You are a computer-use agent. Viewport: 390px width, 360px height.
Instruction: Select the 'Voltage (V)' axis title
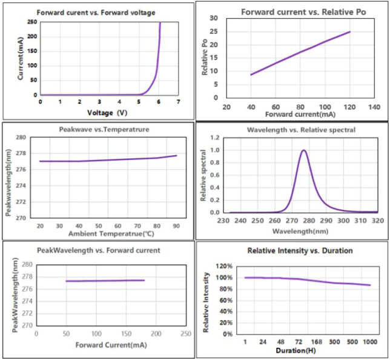[x=108, y=112]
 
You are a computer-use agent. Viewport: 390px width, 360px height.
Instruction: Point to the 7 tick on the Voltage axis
[x=178, y=102]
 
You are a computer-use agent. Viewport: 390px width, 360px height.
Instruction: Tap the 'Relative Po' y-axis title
[x=205, y=57]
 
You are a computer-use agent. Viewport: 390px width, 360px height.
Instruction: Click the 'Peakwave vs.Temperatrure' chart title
[x=97, y=130]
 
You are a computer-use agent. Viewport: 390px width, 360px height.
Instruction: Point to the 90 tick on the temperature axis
[x=176, y=225]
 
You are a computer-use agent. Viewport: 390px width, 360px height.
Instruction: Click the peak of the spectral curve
[x=303, y=150]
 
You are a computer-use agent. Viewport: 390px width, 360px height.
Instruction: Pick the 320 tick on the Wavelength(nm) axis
[x=376, y=221]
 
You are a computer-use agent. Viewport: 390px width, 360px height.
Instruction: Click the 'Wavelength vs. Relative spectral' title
[x=292, y=130]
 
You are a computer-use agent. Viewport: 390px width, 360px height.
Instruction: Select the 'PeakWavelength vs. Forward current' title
[x=99, y=250]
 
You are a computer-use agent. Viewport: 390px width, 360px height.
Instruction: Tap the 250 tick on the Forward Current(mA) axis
[x=185, y=334]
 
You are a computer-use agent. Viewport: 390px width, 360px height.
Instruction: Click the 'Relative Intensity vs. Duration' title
[x=292, y=250]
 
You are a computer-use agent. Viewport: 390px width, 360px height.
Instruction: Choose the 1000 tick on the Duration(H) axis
[x=369, y=342]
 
